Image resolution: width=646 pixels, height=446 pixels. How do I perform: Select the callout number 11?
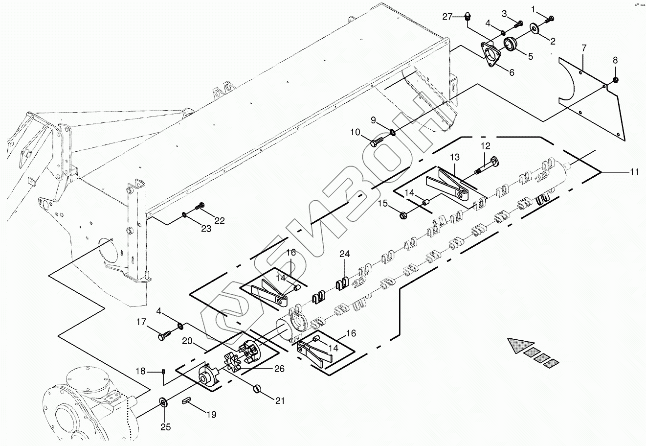[x=634, y=172]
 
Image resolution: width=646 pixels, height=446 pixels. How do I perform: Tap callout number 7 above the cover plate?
[x=583, y=48]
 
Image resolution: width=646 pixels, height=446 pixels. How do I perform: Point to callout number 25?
[x=166, y=427]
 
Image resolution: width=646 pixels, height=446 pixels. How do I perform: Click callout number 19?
[x=211, y=415]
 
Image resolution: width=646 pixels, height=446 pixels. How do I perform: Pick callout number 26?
[x=279, y=369]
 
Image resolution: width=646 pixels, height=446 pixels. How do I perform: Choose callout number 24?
[x=345, y=254]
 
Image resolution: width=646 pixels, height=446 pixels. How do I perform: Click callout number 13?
[x=455, y=157]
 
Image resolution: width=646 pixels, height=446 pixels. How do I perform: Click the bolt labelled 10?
[x=376, y=142]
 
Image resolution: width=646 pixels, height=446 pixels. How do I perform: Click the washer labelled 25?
[x=163, y=403]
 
